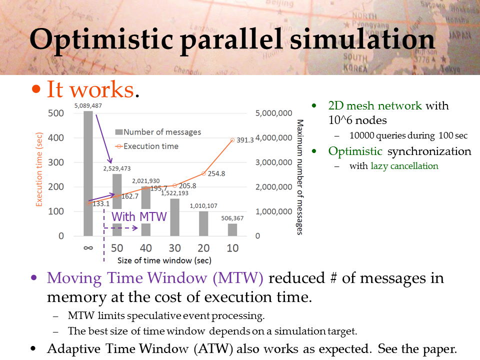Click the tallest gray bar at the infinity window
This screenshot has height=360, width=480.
pyautogui.click(x=88, y=173)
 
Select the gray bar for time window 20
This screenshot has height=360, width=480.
pyautogui.click(x=203, y=223)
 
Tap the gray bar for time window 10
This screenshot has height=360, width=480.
pyautogui.click(x=232, y=230)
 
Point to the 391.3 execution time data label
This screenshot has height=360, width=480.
pyautogui.click(x=245, y=140)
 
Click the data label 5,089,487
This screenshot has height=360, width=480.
pyautogui.click(x=88, y=105)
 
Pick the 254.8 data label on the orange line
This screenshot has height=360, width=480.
pyautogui.click(x=216, y=173)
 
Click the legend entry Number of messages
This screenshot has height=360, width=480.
pyautogui.click(x=158, y=132)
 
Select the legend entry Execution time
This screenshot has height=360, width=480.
pyautogui.click(x=147, y=146)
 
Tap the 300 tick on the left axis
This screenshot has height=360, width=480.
pyautogui.click(x=56, y=162)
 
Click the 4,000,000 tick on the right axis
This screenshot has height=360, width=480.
pyautogui.click(x=273, y=138)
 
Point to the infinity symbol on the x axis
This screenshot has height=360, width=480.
pyautogui.click(x=88, y=248)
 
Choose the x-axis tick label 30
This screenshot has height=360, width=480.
pyautogui.click(x=175, y=248)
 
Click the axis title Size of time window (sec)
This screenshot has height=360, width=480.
pyautogui.click(x=164, y=260)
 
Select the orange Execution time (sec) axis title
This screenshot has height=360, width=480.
pyautogui.click(x=39, y=169)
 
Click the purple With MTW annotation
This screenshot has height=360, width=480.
pyautogui.click(x=139, y=216)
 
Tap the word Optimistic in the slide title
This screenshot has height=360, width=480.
pyautogui.click(x=101, y=39)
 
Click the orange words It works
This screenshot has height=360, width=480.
pyautogui.click(x=90, y=89)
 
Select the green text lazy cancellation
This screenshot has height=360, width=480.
pyautogui.click(x=404, y=166)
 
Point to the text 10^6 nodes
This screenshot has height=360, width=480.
pyautogui.click(x=357, y=120)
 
